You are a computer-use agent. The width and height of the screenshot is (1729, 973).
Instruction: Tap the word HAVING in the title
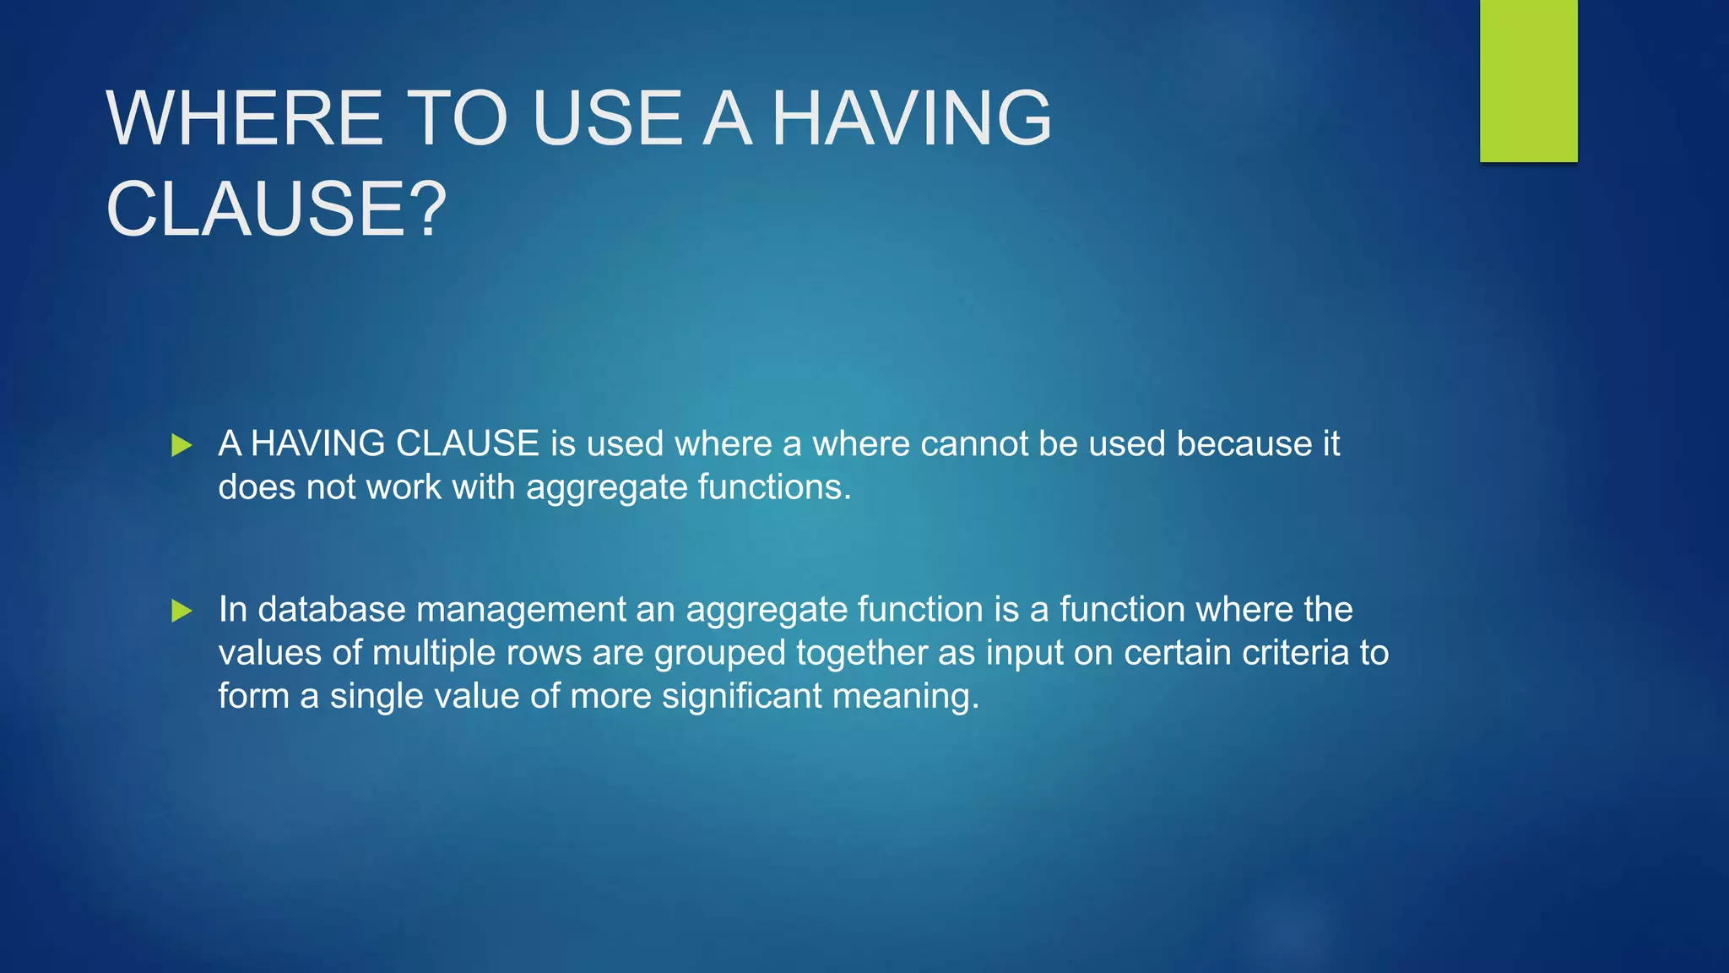(912, 118)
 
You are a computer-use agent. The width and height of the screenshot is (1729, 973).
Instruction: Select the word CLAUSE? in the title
(276, 209)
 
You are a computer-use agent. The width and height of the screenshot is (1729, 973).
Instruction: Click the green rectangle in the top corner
(1528, 80)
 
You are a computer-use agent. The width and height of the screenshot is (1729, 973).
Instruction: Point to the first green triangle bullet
(182, 445)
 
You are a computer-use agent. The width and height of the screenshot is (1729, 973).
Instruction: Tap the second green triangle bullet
(182, 611)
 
